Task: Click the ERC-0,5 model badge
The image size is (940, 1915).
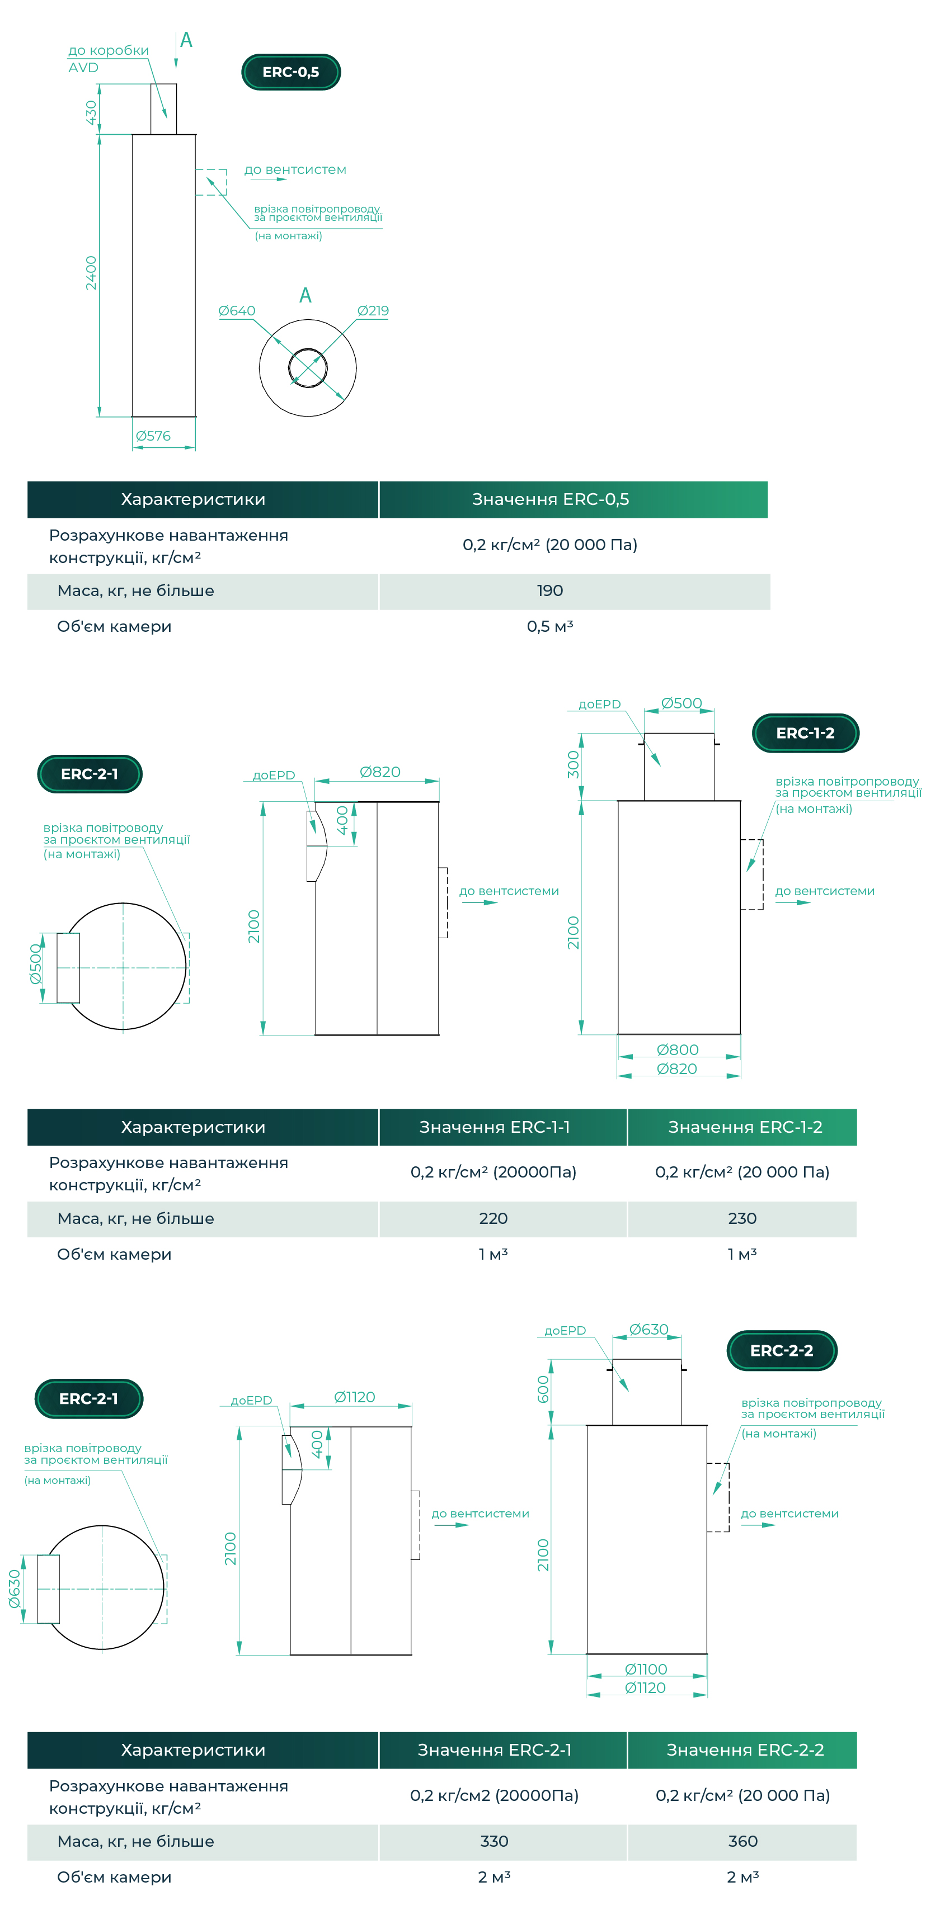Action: pos(291,72)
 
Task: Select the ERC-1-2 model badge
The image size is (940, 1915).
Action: pos(805,733)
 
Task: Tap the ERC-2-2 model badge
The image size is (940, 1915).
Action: pos(782,1351)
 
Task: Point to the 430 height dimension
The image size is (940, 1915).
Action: pos(91,112)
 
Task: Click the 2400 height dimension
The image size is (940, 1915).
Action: pos(91,273)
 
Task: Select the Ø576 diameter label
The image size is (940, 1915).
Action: pos(153,436)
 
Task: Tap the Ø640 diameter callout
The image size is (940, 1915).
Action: pos(237,311)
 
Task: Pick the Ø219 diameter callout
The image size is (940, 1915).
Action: pos(373,311)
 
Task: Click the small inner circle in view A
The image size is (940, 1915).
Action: pos(308,349)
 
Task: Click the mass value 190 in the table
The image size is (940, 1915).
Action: pos(549,591)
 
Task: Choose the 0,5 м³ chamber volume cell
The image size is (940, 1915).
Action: pos(549,627)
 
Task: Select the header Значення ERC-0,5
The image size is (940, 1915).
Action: pos(551,499)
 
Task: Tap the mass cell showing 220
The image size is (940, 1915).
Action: pos(493,1218)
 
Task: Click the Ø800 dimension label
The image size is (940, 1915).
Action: pos(678,1049)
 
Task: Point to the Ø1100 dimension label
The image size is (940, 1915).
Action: pos(646,1670)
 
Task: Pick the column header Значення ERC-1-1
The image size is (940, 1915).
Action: pos(495,1127)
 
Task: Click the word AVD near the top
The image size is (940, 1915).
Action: pos(83,68)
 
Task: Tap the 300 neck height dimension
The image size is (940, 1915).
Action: pos(572,765)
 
